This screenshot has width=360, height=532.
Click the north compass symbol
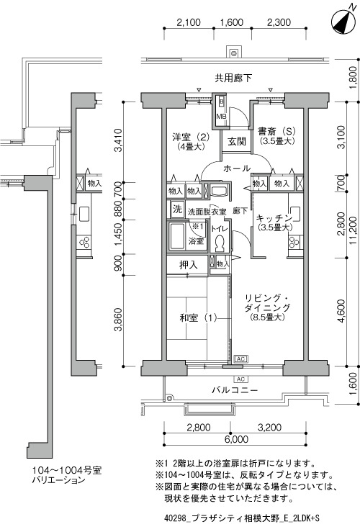click(342, 22)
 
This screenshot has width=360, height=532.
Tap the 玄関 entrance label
click(237, 142)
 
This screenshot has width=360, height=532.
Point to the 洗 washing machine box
click(177, 209)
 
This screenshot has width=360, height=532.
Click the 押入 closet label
click(189, 265)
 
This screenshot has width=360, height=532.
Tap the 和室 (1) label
click(198, 318)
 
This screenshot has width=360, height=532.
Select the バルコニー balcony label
click(235, 390)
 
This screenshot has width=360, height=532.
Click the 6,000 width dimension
click(236, 439)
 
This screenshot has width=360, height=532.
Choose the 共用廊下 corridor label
click(233, 78)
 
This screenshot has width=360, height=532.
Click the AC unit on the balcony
click(241, 379)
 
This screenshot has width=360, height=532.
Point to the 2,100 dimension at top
click(189, 22)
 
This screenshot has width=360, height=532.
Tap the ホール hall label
click(237, 168)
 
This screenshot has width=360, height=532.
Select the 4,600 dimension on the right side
click(341, 311)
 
